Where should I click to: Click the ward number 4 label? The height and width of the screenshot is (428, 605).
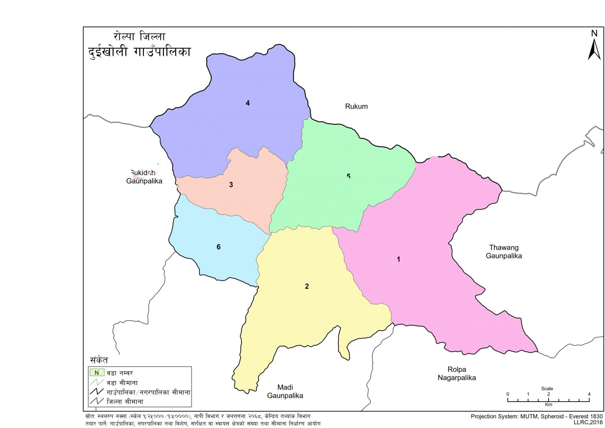tap(248, 103)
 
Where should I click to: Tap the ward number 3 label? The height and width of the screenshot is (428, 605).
tap(231, 185)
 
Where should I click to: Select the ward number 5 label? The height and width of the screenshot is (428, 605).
tap(349, 176)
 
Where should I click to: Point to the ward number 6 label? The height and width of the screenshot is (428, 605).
tap(219, 247)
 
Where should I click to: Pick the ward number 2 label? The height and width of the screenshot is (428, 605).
tap(307, 286)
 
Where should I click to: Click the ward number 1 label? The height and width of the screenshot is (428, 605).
tap(399, 259)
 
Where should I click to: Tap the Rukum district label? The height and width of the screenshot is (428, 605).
tap(356, 106)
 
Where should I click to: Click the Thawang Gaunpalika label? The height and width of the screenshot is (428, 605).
tap(504, 252)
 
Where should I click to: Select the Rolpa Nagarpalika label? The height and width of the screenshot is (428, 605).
tap(457, 374)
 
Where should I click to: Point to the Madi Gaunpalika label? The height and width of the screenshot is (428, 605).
tap(285, 391)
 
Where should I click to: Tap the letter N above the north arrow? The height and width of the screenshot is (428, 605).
tap(594, 34)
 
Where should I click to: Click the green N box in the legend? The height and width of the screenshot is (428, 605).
tap(97, 372)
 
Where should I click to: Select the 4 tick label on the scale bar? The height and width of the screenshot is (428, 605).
tap(589, 394)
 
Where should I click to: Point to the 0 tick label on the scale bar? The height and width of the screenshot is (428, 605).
tap(508, 394)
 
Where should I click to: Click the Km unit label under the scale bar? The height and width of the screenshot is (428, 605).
tap(548, 404)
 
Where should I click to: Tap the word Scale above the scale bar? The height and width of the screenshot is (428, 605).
tap(547, 389)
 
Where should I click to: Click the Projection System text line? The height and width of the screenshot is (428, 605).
tap(536, 416)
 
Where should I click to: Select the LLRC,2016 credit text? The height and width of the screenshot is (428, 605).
tap(588, 422)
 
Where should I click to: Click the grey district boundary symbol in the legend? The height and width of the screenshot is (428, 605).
tap(97, 402)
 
